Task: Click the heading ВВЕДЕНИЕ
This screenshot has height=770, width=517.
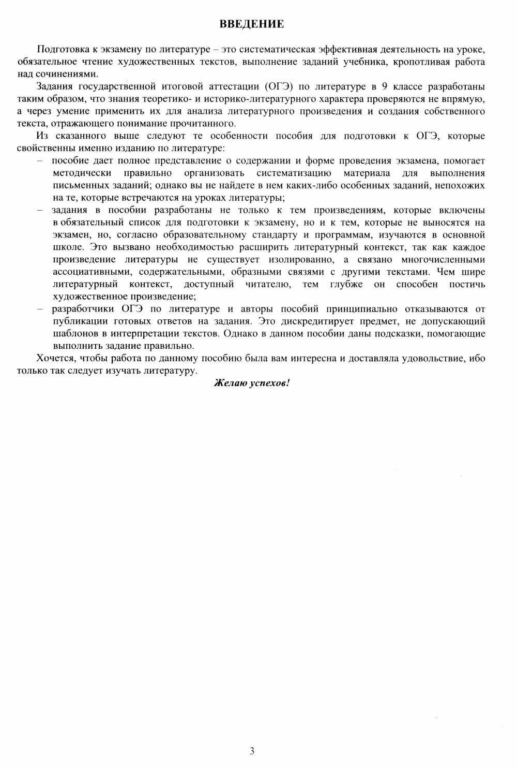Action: [252, 24]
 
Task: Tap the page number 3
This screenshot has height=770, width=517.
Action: [252, 751]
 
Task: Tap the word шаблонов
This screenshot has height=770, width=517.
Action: [72, 334]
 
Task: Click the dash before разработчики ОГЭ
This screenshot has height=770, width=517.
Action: [40, 309]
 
